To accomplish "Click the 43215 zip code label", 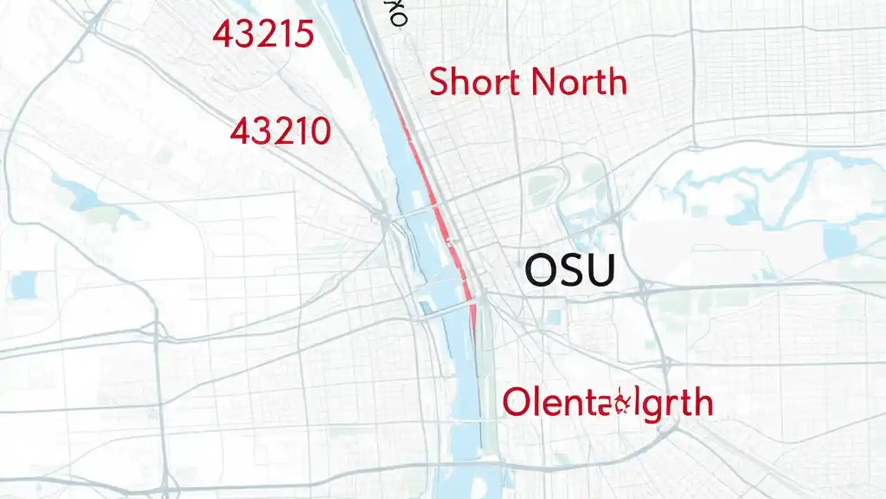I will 263,34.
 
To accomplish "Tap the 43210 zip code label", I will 280,131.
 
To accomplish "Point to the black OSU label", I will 570,270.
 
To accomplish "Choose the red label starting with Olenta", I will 607,403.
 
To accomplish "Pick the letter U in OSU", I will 599,270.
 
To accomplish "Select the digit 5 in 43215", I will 303,34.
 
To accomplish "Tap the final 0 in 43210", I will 318,131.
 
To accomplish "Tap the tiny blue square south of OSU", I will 554,317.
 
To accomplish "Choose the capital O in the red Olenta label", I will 516,403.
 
